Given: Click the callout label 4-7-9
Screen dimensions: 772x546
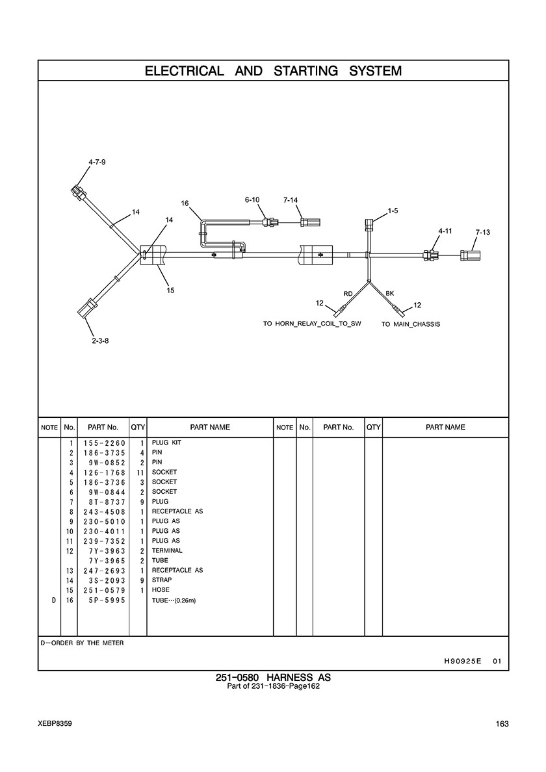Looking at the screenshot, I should tap(97, 162).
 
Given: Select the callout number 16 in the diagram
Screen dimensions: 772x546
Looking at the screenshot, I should tap(185, 203).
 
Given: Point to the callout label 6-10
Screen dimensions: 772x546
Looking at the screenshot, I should tap(252, 199).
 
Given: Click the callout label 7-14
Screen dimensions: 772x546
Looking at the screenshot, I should tap(291, 199).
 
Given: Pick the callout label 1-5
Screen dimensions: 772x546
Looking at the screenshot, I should tap(393, 211).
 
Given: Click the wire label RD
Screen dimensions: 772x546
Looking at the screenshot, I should tap(348, 294).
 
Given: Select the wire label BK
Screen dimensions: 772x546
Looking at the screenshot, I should tap(390, 294).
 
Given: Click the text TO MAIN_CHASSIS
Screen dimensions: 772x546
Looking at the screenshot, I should tap(410, 324).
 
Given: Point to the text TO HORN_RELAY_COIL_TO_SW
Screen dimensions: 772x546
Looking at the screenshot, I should tap(311, 324).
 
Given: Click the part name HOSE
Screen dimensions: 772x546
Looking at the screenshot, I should tap(161, 590).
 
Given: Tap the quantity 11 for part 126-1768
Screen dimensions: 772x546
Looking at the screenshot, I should tap(139, 472).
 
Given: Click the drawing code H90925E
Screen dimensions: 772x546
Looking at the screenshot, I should tap(462, 662).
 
